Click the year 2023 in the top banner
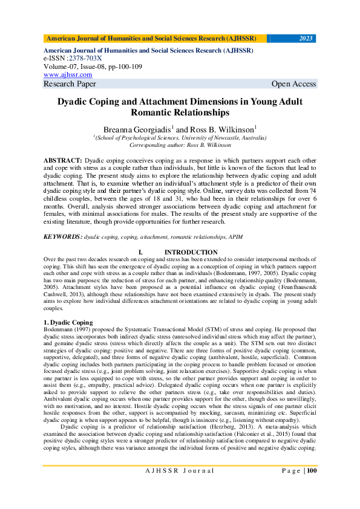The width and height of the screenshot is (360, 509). tap(306, 39)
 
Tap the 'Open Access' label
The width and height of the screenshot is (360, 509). tap(293, 84)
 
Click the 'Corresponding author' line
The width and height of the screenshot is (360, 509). tap(180, 145)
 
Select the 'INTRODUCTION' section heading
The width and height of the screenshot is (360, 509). tap(191, 251)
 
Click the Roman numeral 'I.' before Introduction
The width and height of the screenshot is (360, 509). tap(140, 251)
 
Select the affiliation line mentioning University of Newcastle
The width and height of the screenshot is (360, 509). tap(180, 138)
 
